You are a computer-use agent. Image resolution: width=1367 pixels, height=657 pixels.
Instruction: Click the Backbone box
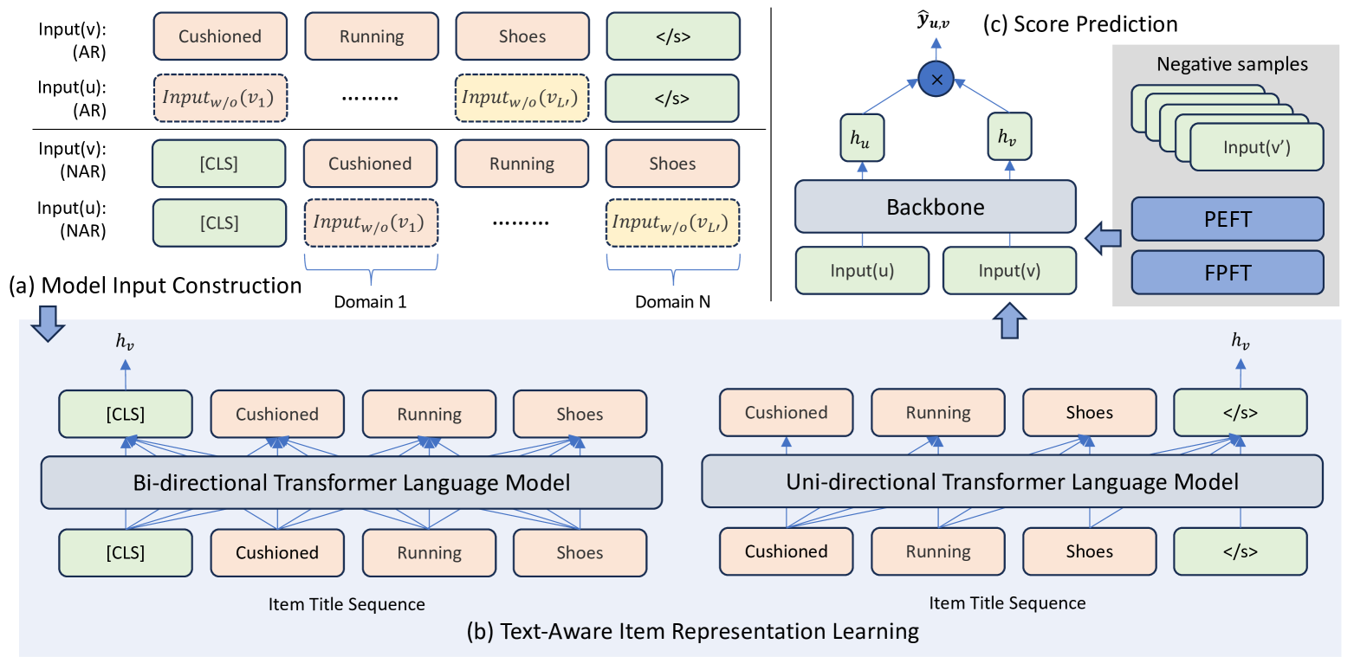[935, 207]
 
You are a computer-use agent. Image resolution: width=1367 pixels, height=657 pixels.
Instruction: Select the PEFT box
[1228, 219]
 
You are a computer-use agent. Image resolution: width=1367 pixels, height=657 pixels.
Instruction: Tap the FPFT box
[1228, 272]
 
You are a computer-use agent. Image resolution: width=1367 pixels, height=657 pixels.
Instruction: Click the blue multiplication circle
[936, 79]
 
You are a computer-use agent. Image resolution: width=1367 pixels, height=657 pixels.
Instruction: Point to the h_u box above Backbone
[862, 138]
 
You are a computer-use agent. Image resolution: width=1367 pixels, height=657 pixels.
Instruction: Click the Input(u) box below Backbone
[862, 270]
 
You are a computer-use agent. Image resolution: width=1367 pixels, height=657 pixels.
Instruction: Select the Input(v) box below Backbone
[1009, 270]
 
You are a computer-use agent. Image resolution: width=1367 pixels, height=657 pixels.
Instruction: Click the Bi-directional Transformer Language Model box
[352, 482]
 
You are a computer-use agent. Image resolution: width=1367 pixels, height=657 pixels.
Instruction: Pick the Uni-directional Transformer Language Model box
[1012, 481]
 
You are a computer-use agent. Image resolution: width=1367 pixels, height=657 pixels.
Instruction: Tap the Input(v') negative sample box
[1256, 147]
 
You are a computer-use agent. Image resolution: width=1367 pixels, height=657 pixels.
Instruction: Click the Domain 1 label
[370, 302]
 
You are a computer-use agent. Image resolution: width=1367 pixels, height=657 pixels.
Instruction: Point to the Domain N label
[672, 302]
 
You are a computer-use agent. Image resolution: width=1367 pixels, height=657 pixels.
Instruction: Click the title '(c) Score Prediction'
[1080, 24]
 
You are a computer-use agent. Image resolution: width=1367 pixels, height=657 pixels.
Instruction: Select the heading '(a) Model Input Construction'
[156, 286]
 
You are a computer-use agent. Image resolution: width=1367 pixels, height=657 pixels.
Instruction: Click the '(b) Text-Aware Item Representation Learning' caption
[693, 631]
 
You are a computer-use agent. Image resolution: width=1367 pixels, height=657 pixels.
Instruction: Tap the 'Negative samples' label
[1232, 64]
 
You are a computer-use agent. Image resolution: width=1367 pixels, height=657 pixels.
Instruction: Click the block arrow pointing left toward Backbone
[1104, 238]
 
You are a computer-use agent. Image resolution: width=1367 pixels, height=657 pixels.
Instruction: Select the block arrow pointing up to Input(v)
[1009, 320]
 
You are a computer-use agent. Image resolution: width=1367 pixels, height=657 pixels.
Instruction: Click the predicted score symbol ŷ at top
[933, 22]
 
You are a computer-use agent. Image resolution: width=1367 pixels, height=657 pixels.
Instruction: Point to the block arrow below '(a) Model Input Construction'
[48, 324]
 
